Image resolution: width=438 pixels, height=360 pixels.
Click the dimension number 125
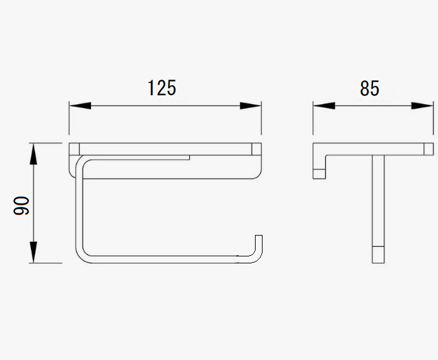pyautogui.click(x=162, y=88)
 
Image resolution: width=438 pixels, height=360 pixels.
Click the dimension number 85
pyautogui.click(x=370, y=88)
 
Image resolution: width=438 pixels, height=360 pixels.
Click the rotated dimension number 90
pyautogui.click(x=21, y=205)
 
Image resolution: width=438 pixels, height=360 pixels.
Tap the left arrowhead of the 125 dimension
pyautogui.click(x=80, y=106)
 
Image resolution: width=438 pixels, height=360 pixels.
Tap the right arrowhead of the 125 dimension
pyautogui.click(x=251, y=106)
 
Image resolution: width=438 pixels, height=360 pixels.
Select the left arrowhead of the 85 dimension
pyautogui.click(x=324, y=106)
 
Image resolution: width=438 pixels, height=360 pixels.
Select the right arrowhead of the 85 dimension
pyautogui.click(x=422, y=106)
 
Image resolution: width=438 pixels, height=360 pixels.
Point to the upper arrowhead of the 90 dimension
pyautogui.click(x=33, y=153)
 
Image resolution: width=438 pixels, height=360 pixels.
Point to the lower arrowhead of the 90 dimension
pyautogui.click(x=33, y=252)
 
